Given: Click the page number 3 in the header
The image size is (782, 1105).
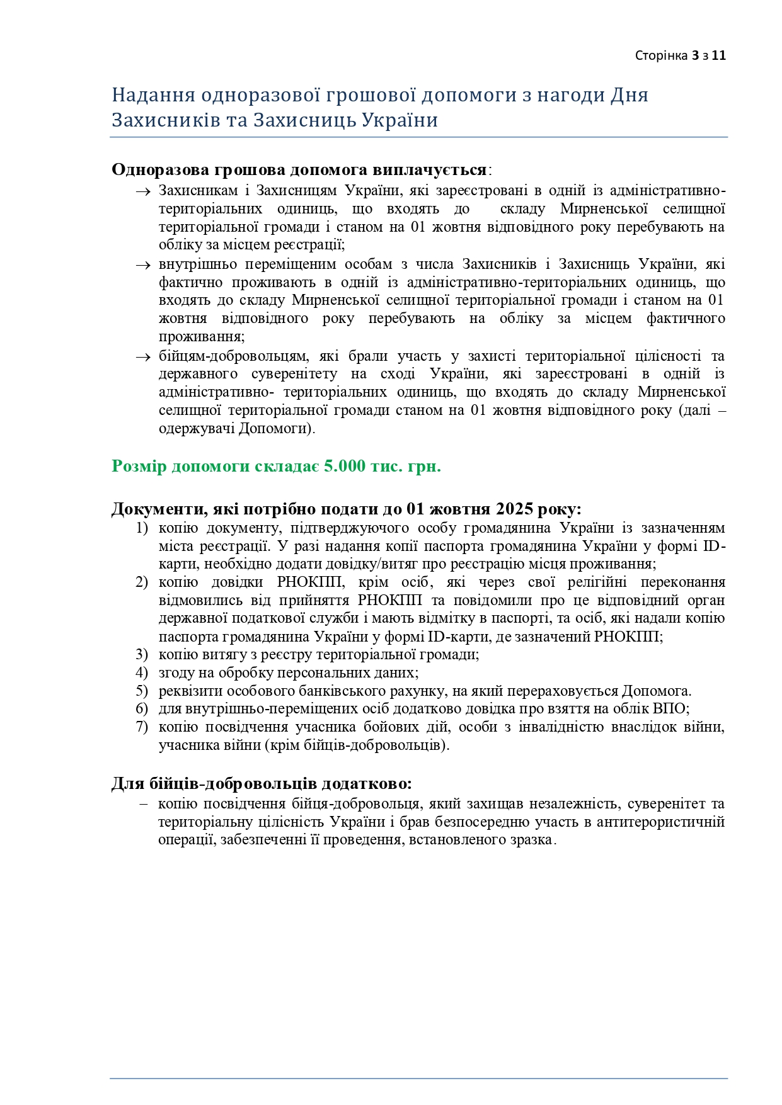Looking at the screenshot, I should [695, 55].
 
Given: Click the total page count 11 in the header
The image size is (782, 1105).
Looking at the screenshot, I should [719, 55].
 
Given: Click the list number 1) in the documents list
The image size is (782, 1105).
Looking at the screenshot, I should [142, 528].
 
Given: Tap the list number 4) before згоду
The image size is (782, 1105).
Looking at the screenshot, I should [142, 672].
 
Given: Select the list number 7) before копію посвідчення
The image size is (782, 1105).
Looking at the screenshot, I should [142, 727].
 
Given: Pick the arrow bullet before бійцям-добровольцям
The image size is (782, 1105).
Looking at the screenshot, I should [142, 357].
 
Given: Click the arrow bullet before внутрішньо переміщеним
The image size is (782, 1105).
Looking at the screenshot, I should [142, 265].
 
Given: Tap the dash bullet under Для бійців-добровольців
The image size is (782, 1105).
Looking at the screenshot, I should [144, 804].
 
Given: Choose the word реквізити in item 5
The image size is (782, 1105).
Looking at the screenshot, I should [188, 691].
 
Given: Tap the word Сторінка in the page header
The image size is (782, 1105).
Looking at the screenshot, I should [661, 55].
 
